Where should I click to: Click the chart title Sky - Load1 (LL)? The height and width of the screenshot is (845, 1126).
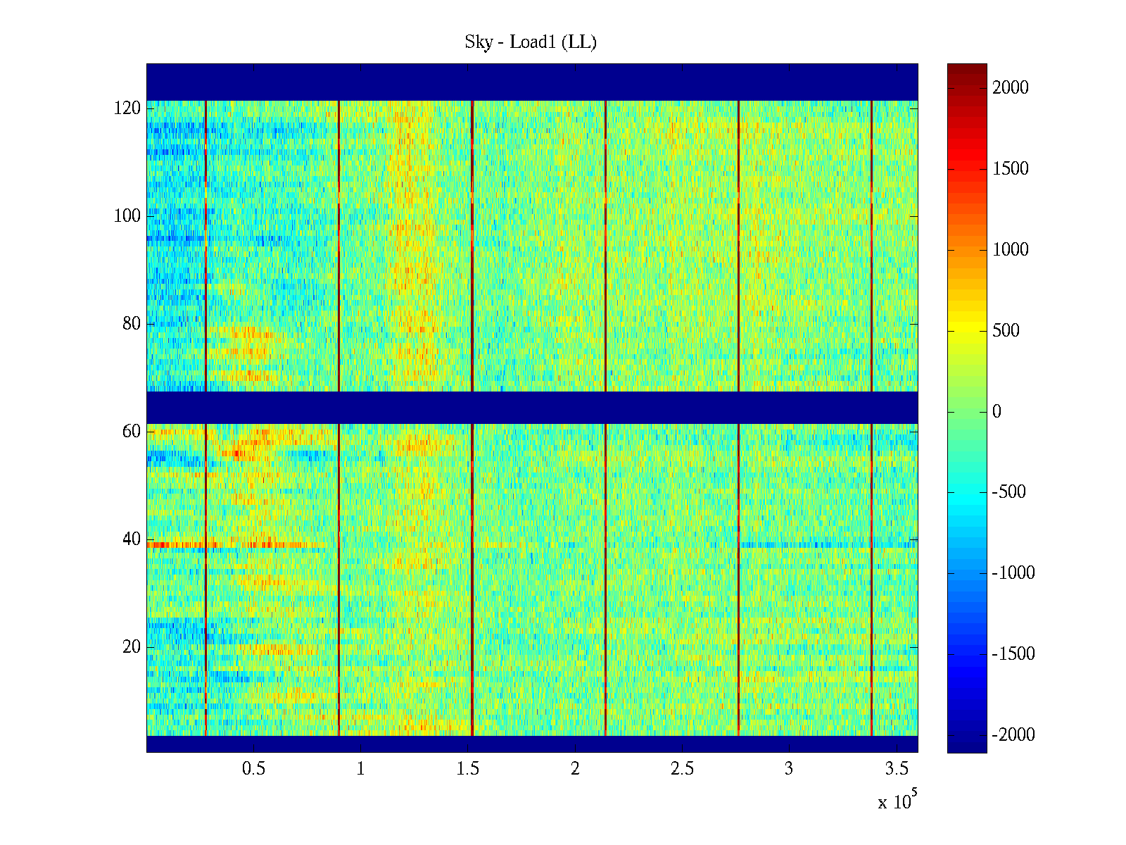(x=531, y=42)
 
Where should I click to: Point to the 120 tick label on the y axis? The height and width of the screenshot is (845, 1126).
(x=127, y=108)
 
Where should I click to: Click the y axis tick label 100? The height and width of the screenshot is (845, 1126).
(x=127, y=216)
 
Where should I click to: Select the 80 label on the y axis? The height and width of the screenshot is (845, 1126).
(x=132, y=324)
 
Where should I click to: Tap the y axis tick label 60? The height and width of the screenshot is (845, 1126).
(x=132, y=432)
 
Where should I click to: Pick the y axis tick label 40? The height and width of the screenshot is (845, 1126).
(x=132, y=539)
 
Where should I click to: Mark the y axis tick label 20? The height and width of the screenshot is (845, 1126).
(x=132, y=647)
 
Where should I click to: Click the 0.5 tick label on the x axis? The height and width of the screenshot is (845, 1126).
(x=254, y=768)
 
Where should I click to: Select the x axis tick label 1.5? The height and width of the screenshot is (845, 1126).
(x=468, y=768)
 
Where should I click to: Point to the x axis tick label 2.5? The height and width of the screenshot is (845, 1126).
(x=682, y=768)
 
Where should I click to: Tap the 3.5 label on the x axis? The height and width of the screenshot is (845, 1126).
(x=896, y=768)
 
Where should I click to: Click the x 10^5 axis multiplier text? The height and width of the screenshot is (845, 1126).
(x=897, y=801)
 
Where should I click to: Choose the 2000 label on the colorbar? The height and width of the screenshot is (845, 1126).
(x=1011, y=88)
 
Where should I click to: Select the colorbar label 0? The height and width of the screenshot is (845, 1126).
(x=997, y=412)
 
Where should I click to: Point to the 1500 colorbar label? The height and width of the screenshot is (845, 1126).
(x=1011, y=169)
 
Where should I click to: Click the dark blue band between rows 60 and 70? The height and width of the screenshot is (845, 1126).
(x=532, y=408)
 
